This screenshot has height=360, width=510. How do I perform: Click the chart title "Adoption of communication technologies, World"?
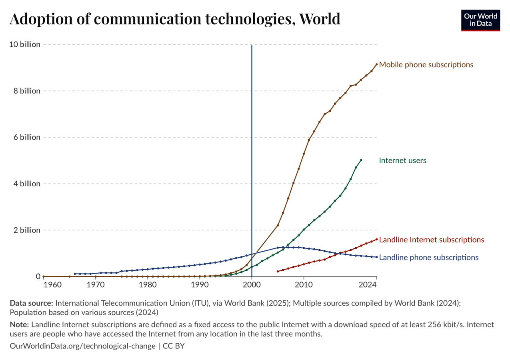click(x=175, y=19)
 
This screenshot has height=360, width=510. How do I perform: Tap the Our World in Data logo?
click(x=480, y=20)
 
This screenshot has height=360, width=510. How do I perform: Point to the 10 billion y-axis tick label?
click(x=25, y=44)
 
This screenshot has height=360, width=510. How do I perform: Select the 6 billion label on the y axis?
click(x=26, y=137)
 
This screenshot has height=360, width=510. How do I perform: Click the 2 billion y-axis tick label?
click(x=26, y=230)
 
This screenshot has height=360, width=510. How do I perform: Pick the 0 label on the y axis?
click(x=38, y=276)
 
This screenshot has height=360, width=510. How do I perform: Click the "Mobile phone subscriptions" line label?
click(x=426, y=64)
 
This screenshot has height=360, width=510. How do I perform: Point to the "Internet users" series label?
click(x=402, y=160)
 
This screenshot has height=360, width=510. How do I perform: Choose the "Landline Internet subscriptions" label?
click(x=431, y=240)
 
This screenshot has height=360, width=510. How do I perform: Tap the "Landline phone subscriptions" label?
click(x=428, y=257)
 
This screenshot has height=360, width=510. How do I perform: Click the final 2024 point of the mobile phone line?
click(x=376, y=64)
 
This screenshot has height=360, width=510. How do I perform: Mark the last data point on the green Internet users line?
click(x=361, y=160)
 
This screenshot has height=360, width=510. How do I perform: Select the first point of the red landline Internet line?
click(x=278, y=272)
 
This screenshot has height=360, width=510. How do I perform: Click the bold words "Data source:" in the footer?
click(x=31, y=303)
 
